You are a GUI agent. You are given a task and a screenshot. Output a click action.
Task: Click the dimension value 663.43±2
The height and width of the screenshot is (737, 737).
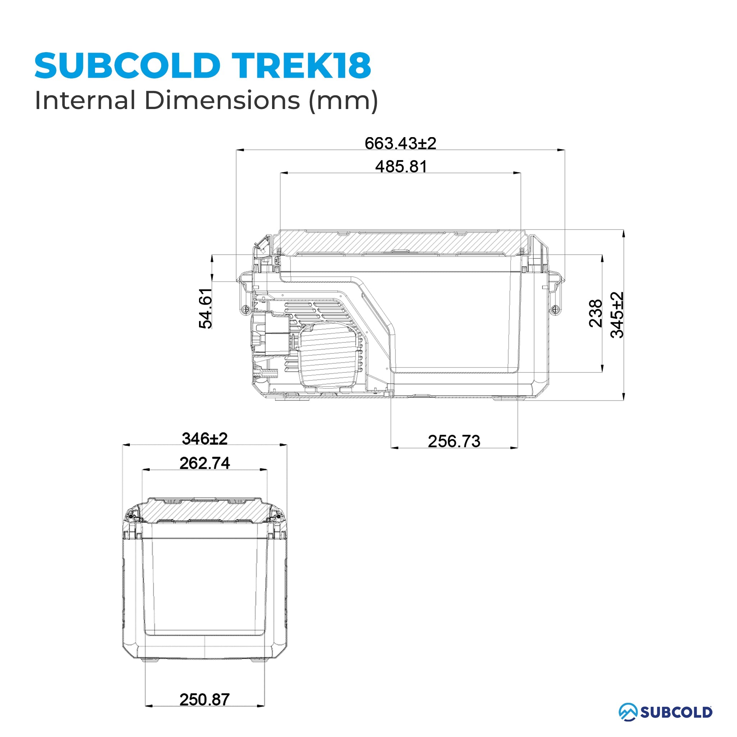point(400,144)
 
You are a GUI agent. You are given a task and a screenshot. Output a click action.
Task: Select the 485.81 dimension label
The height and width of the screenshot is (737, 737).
point(401,167)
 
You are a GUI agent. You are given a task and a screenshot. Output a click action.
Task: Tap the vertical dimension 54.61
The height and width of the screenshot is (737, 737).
point(205,308)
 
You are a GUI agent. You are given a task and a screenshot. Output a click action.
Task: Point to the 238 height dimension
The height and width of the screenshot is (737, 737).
point(596,313)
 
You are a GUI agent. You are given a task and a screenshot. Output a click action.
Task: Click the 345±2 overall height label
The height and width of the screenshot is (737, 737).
point(617,315)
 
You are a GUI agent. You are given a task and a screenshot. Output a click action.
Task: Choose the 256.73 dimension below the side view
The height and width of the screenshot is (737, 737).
point(454,441)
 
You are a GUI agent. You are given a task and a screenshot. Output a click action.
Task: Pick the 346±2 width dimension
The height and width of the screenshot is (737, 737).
point(204,439)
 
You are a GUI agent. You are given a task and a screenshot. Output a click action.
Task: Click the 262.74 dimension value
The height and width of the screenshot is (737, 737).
point(204,463)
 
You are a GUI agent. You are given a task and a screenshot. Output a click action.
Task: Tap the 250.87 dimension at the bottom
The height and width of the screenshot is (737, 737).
point(204,700)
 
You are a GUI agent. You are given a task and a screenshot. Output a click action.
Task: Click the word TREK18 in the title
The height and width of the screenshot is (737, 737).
point(301,65)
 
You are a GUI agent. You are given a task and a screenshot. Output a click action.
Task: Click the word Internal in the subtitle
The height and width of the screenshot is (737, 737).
point(85,100)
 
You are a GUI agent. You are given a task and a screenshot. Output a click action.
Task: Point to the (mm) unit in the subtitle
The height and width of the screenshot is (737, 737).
point(343,101)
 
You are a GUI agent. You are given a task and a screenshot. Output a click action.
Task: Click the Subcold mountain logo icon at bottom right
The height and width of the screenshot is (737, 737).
point(628,712)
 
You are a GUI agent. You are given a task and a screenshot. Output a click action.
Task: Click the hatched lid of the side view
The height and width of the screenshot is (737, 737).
point(401,242)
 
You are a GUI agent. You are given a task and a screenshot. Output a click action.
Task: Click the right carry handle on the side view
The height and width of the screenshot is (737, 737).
point(555,294)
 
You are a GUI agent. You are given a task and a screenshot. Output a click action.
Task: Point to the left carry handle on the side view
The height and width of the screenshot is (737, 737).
point(244,294)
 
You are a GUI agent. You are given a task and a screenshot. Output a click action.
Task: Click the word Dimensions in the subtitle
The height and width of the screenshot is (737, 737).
point(222,100)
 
